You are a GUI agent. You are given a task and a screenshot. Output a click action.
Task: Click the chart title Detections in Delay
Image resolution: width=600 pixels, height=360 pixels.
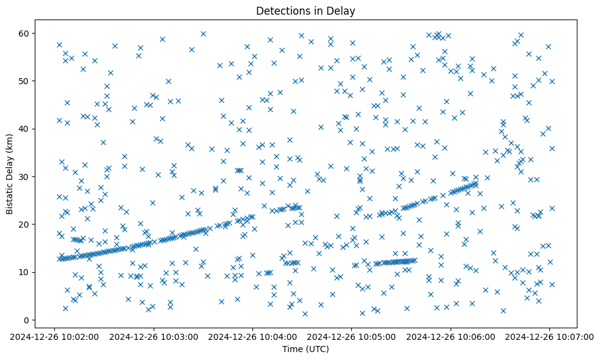tap(305, 10)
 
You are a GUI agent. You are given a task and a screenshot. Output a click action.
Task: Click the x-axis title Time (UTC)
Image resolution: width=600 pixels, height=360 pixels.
tap(305, 349)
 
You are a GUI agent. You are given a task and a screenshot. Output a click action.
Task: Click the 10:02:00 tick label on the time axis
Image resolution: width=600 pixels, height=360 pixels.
tap(55, 336)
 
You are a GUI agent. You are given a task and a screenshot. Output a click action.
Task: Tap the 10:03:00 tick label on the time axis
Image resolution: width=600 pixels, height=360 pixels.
tap(154, 336)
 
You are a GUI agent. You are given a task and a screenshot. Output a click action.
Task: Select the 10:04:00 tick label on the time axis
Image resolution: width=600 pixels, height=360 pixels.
tap(253, 336)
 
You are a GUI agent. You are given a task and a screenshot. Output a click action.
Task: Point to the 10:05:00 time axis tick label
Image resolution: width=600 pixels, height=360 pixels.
tap(352, 336)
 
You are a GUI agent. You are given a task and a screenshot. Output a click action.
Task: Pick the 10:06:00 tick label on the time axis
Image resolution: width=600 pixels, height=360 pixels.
tap(451, 336)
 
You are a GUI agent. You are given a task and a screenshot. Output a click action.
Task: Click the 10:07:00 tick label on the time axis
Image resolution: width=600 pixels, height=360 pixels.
tap(549, 336)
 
